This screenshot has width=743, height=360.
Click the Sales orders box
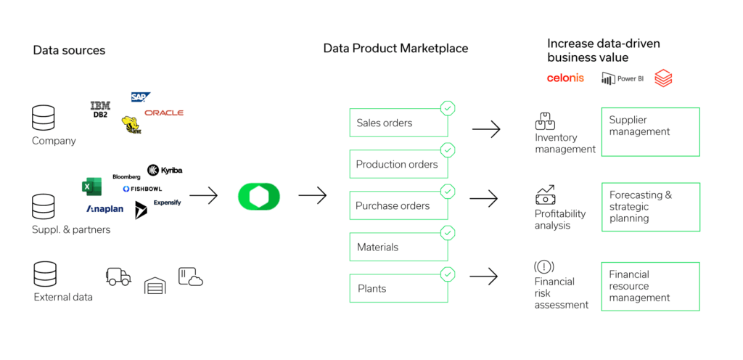coord(398,123)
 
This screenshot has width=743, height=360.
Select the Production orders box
coord(398,165)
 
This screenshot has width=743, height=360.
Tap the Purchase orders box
coord(398,206)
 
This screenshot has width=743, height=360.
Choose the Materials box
coord(398,247)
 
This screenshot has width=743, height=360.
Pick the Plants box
coord(398,289)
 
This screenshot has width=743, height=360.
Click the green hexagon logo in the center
coord(259,196)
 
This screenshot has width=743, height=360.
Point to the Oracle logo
coord(164,112)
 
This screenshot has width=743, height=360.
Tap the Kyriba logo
coord(165,170)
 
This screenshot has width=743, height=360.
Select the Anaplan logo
coord(105,209)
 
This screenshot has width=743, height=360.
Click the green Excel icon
coord(91,187)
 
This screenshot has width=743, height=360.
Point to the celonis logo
coord(565,78)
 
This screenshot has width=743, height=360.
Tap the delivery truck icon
coord(118,276)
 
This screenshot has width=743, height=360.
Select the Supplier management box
coord(650,131)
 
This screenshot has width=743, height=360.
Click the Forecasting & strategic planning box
coord(650,207)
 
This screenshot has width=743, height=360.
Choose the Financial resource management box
coord(650,286)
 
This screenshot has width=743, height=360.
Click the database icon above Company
coord(44,118)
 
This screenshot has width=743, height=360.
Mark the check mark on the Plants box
coord(448,274)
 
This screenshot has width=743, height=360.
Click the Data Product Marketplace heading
coord(395,49)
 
